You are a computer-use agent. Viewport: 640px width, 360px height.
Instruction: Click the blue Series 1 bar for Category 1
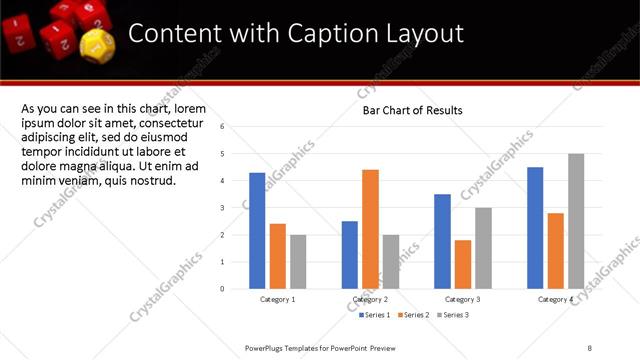pyautogui.click(x=257, y=230)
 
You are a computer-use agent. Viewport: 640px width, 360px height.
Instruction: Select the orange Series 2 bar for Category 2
pyautogui.click(x=370, y=229)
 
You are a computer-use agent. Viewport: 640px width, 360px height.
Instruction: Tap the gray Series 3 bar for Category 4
pyautogui.click(x=576, y=221)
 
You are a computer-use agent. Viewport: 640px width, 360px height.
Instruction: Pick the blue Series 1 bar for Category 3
pyautogui.click(x=442, y=241)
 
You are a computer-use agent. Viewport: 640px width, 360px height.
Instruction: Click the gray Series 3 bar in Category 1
pyautogui.click(x=298, y=261)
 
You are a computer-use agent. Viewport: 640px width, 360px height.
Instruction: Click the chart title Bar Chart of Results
pyautogui.click(x=412, y=110)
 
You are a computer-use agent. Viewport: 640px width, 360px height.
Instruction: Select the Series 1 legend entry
pyautogui.click(x=376, y=315)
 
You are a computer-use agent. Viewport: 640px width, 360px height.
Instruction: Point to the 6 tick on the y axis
pyautogui.click(x=236, y=127)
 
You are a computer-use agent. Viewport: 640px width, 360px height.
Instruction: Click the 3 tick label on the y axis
pyautogui.click(x=236, y=208)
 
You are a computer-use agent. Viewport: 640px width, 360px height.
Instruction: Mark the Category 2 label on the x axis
pyautogui.click(x=371, y=300)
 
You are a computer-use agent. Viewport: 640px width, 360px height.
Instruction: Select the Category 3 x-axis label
pyautogui.click(x=463, y=300)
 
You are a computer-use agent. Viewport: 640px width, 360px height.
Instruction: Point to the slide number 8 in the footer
pyautogui.click(x=590, y=347)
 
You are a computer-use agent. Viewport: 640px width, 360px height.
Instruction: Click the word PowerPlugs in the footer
pyautogui.click(x=265, y=347)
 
